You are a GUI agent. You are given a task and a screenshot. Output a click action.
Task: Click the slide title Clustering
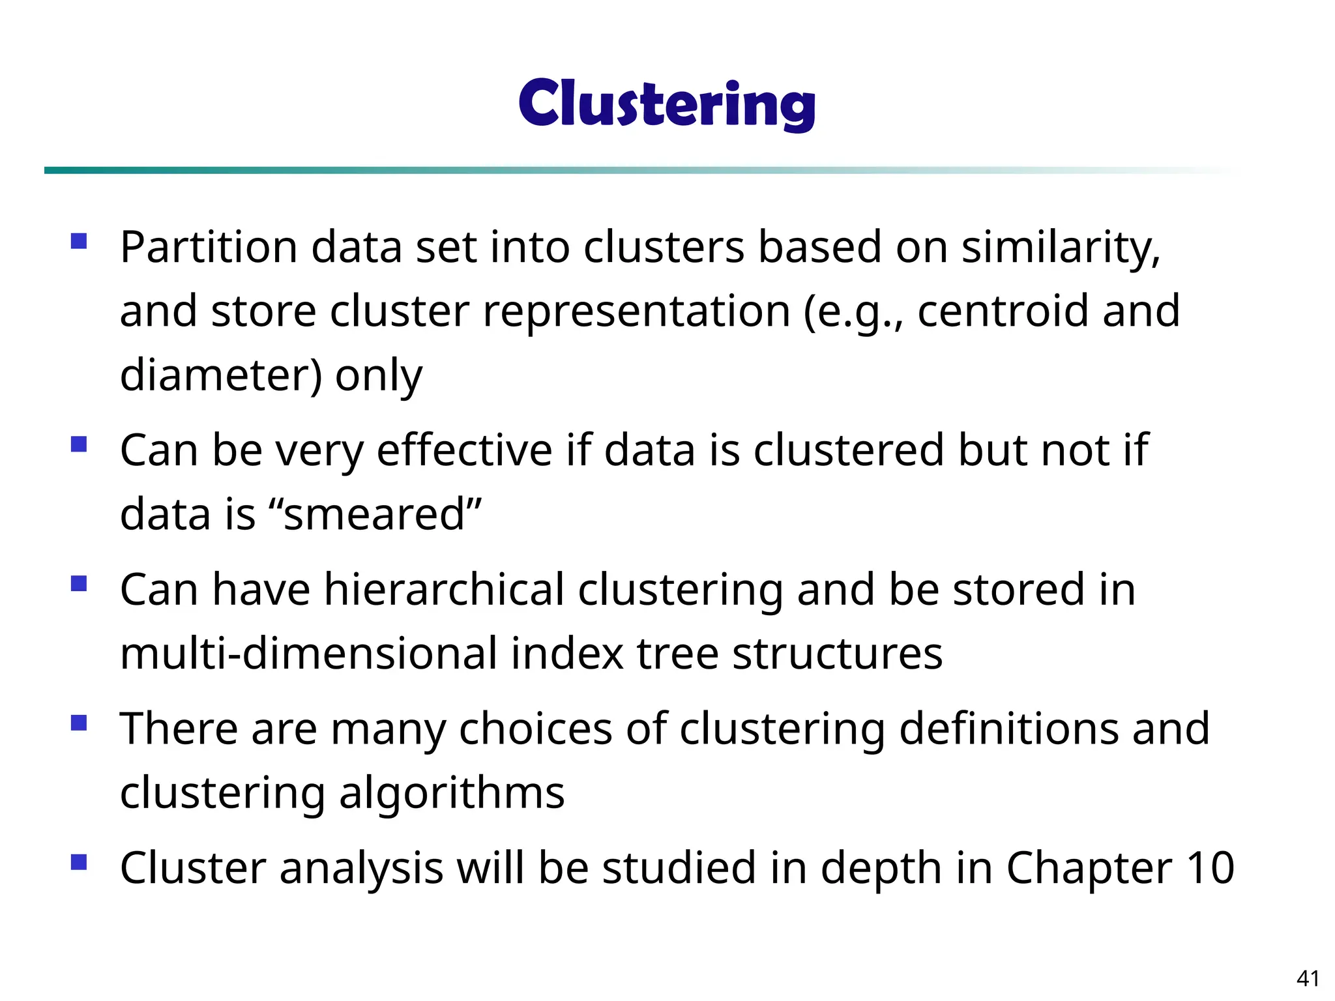667,104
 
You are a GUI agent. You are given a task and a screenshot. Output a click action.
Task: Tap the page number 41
1308,978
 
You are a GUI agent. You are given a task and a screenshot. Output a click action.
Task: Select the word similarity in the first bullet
1061,248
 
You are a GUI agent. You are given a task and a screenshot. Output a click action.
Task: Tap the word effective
465,450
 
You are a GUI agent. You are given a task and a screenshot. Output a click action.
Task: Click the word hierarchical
444,589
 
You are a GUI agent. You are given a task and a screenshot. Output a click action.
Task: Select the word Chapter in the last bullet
1088,868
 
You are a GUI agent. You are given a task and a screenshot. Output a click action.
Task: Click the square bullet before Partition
79,241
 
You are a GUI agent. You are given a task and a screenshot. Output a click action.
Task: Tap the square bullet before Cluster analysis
79,862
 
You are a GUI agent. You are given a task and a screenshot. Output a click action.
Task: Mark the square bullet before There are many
79,722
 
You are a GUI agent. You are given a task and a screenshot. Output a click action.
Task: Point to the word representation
636,311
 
